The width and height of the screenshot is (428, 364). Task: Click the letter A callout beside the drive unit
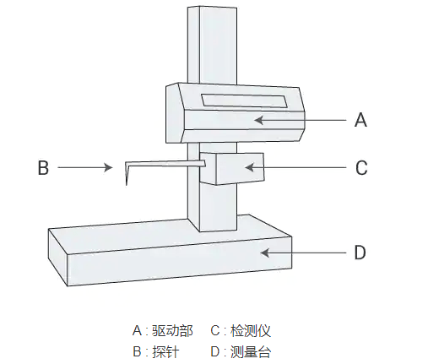[360, 120]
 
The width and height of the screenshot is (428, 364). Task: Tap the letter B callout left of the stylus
[43, 167]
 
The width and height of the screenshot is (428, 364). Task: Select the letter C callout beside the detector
[361, 168]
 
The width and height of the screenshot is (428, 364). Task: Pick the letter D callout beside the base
[360, 253]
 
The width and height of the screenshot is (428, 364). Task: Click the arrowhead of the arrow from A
[258, 120]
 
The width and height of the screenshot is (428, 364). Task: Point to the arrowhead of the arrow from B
[109, 167]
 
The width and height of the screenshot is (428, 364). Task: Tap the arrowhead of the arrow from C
[249, 167]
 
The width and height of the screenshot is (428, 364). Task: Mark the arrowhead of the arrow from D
[264, 253]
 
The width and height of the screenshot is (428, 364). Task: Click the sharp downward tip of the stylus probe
[127, 184]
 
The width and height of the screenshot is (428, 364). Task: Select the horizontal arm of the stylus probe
[166, 163]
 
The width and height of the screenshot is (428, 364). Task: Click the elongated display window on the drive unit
[244, 101]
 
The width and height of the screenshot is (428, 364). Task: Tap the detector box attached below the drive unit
[232, 169]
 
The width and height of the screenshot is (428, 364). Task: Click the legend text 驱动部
[172, 330]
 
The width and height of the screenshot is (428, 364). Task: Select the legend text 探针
[165, 351]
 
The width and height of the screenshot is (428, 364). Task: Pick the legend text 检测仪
[251, 330]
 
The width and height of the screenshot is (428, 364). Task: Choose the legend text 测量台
[251, 351]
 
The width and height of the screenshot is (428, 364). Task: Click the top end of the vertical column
[212, 7]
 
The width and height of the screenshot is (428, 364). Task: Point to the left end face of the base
[58, 257]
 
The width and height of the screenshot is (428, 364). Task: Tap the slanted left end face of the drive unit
[175, 112]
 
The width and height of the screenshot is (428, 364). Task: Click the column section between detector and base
[218, 209]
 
